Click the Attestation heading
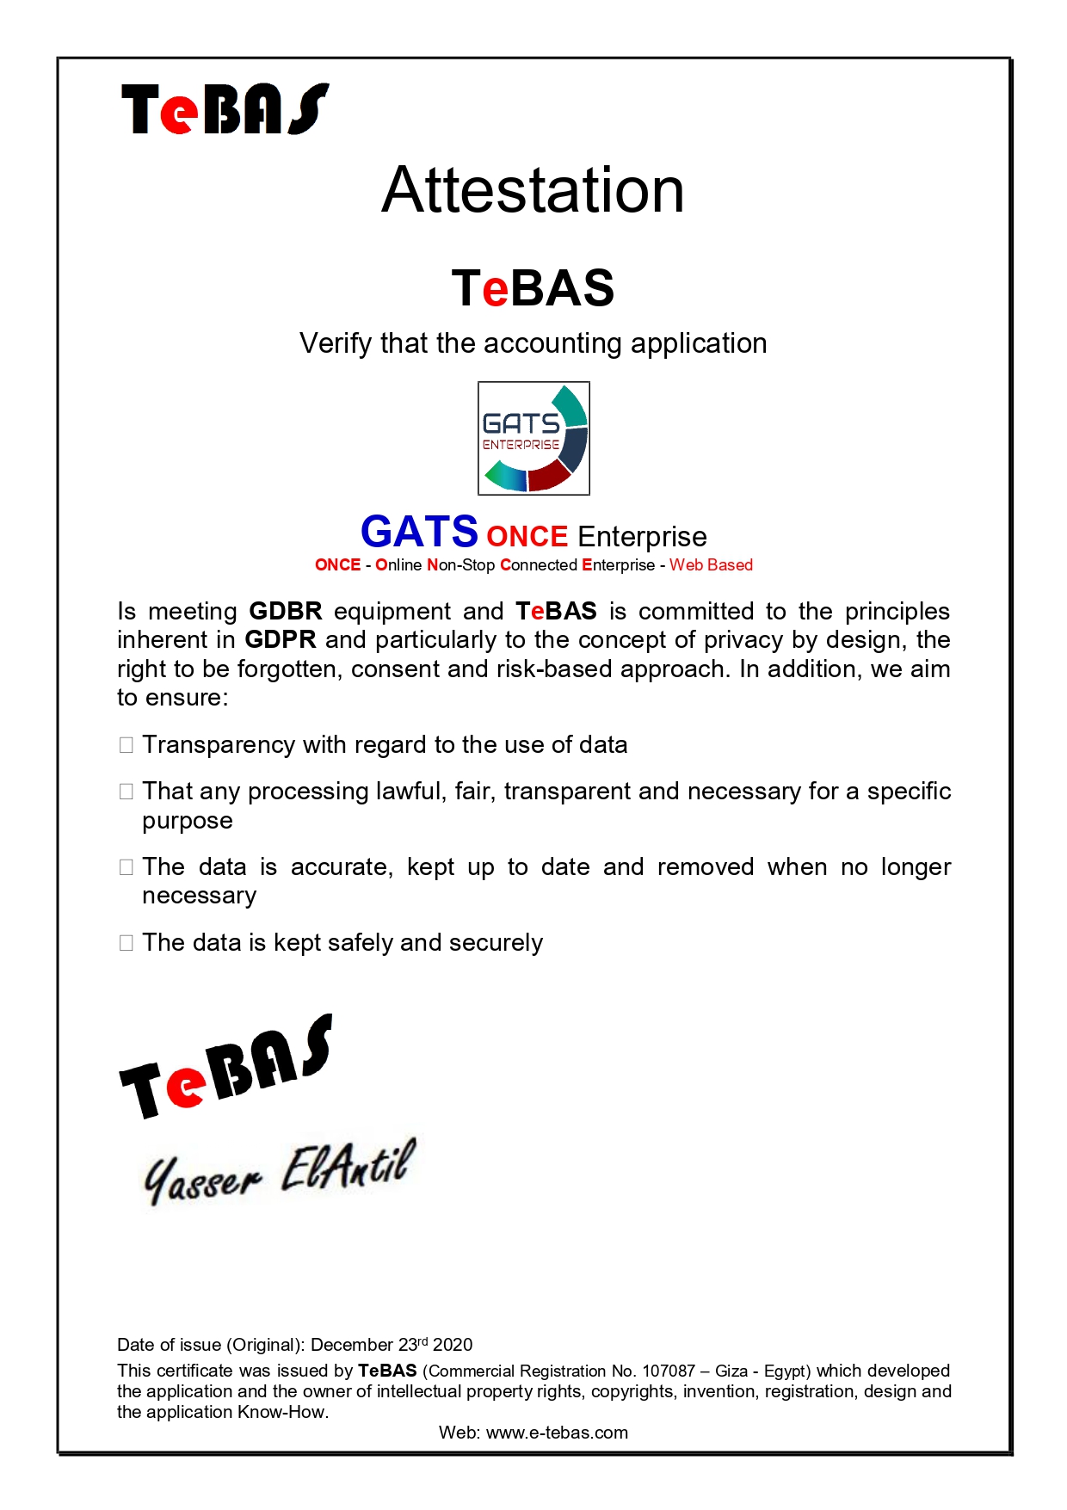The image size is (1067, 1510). (533, 191)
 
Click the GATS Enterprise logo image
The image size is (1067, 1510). (533, 438)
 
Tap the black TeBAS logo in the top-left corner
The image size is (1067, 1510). (225, 109)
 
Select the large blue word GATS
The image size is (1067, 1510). (419, 532)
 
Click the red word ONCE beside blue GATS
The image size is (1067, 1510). (527, 537)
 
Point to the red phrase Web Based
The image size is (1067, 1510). (711, 565)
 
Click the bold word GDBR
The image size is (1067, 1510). (285, 612)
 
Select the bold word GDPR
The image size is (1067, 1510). (281, 640)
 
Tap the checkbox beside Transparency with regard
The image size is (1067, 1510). (126, 745)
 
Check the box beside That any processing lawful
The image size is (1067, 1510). (126, 792)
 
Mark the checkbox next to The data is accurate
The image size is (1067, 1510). (126, 867)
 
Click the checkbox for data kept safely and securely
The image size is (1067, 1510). (126, 943)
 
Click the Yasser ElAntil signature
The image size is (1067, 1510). (280, 1172)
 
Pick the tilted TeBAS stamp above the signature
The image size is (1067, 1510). (225, 1067)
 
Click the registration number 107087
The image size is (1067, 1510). (669, 1371)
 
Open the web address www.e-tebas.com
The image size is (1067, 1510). (557, 1433)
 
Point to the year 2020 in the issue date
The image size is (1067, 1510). (453, 1345)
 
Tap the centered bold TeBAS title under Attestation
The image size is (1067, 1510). (533, 288)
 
